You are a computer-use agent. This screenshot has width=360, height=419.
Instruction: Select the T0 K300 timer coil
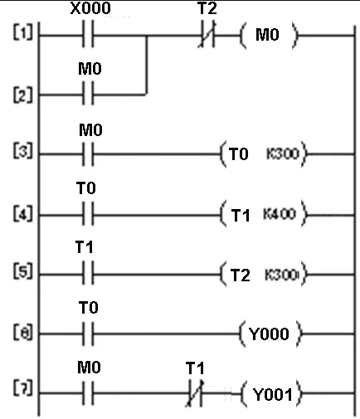263,154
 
